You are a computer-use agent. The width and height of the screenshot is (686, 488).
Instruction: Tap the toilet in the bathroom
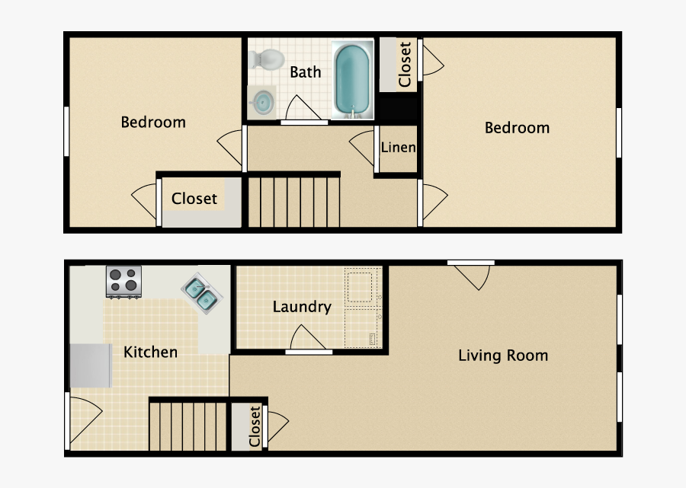point(268,57)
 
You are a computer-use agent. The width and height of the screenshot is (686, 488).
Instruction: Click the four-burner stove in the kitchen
point(123,281)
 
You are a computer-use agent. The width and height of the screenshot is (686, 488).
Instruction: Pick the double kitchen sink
point(201,293)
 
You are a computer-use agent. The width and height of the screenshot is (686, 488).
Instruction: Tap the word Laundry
point(302,307)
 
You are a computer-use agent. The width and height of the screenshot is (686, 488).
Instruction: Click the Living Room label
point(503,355)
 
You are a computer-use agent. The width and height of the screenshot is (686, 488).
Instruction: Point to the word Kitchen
point(151,352)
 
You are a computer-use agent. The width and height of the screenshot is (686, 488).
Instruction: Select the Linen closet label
point(399,147)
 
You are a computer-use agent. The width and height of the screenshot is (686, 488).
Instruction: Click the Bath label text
point(306,72)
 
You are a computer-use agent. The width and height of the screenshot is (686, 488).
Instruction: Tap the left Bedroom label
point(153,122)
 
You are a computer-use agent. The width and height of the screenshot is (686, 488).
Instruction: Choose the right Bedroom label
point(517,127)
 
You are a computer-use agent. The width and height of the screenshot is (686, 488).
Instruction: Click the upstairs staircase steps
point(294,201)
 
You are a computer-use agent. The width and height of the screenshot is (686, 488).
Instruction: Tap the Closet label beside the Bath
point(405,64)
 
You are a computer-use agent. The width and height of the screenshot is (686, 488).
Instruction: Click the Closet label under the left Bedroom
point(194,199)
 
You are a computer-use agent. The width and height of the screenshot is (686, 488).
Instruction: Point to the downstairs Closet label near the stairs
point(255,426)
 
